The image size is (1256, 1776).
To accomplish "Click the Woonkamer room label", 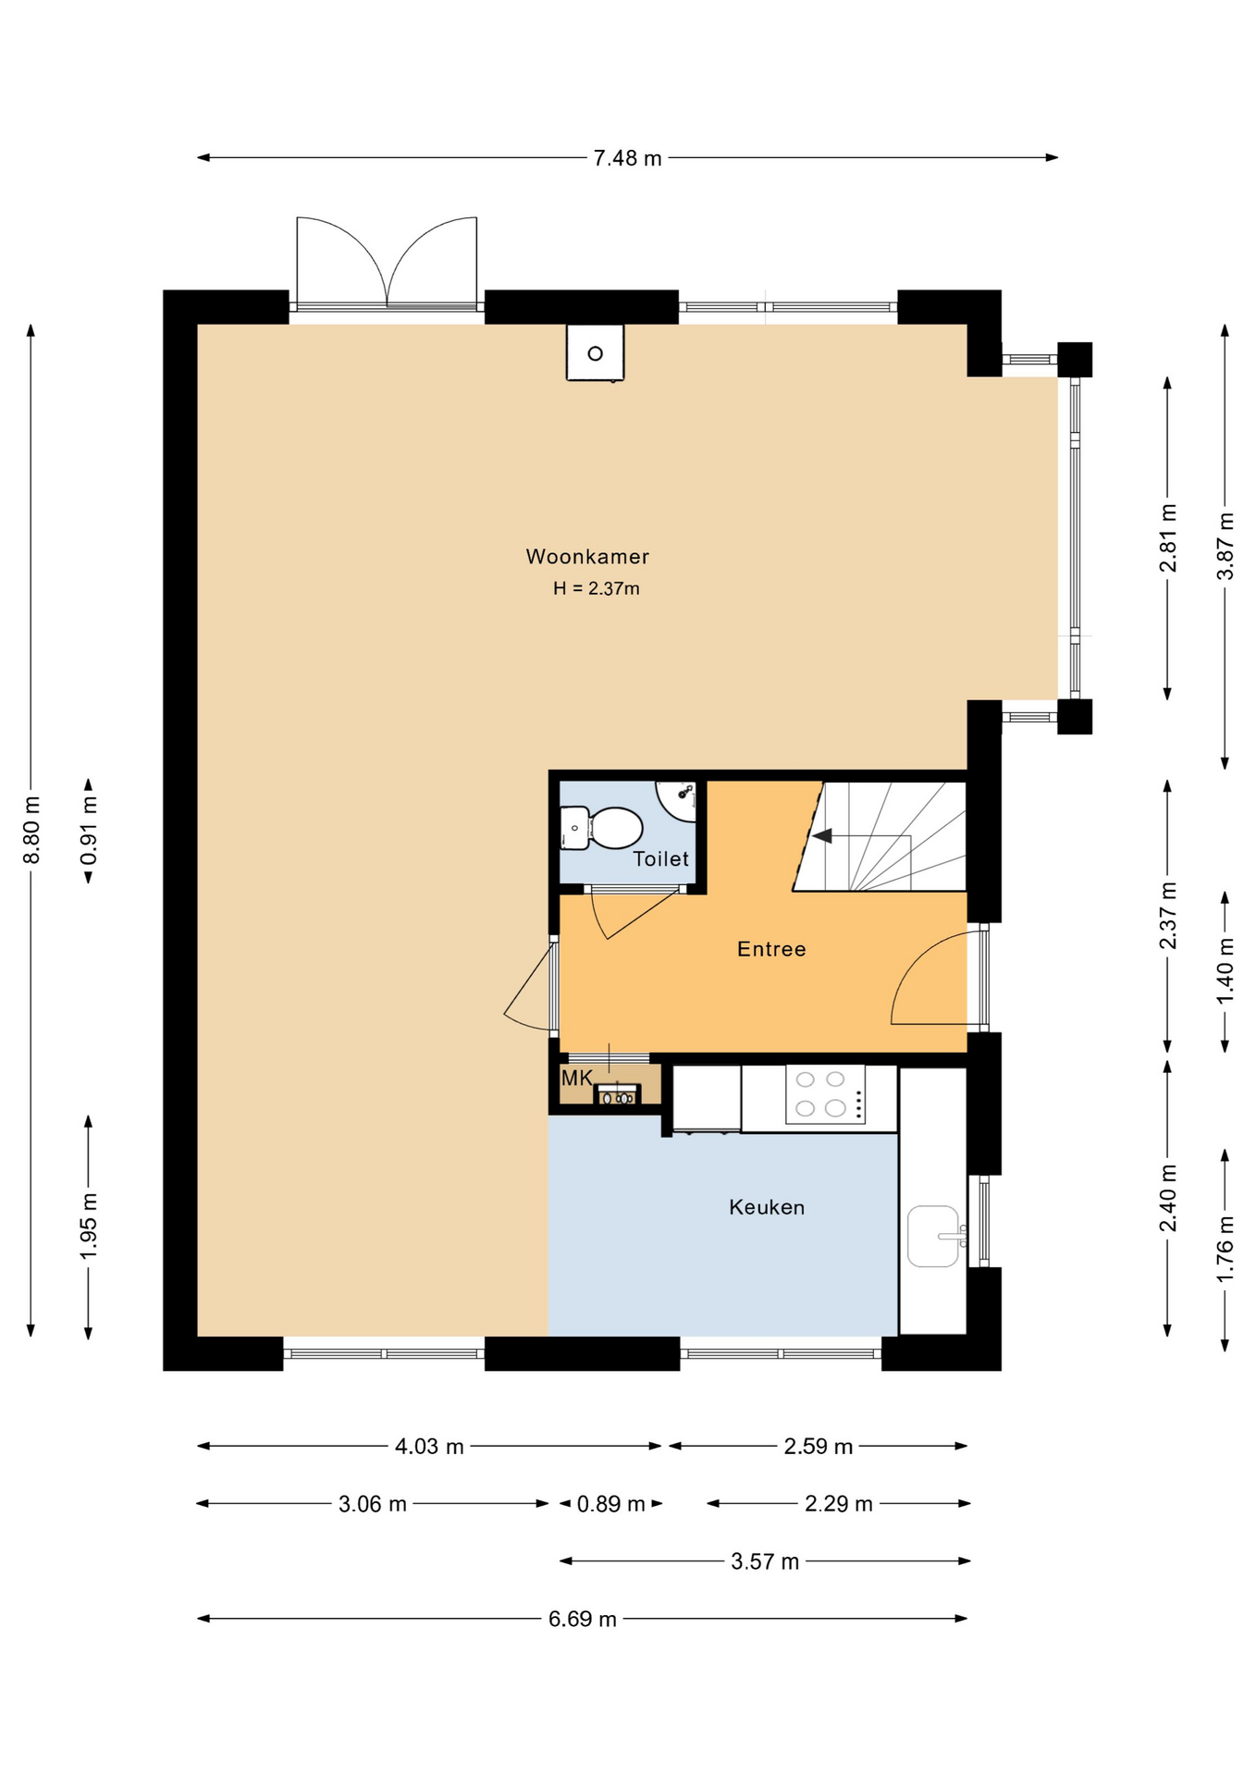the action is [587, 557].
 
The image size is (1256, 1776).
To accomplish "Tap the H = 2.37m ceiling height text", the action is [597, 588].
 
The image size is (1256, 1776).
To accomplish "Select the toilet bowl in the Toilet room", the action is [602, 828].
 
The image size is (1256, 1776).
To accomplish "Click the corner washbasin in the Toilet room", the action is [680, 797].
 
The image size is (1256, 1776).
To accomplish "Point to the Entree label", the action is [771, 949].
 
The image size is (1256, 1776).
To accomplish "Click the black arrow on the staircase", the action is [821, 836].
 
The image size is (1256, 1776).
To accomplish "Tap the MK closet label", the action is [576, 1079].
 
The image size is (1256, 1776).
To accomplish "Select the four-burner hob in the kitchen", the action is [825, 1094].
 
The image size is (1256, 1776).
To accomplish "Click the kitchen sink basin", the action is [933, 1236].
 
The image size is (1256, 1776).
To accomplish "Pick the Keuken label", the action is [767, 1207].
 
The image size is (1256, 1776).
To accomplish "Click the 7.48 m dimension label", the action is [628, 158].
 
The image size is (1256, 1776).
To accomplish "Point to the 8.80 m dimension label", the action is [31, 830].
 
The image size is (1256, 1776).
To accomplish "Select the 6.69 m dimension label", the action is [583, 1619].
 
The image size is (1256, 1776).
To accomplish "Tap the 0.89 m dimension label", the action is [611, 1504].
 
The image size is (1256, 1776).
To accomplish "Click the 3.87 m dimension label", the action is [1225, 546].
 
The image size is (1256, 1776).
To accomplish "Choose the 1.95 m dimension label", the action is [89, 1227].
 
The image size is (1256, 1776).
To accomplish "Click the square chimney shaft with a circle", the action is [595, 352].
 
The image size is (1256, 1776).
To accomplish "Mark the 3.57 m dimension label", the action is [765, 1561].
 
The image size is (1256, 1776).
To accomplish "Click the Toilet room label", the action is [660, 858].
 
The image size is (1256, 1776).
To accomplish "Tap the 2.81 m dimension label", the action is [1168, 537].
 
